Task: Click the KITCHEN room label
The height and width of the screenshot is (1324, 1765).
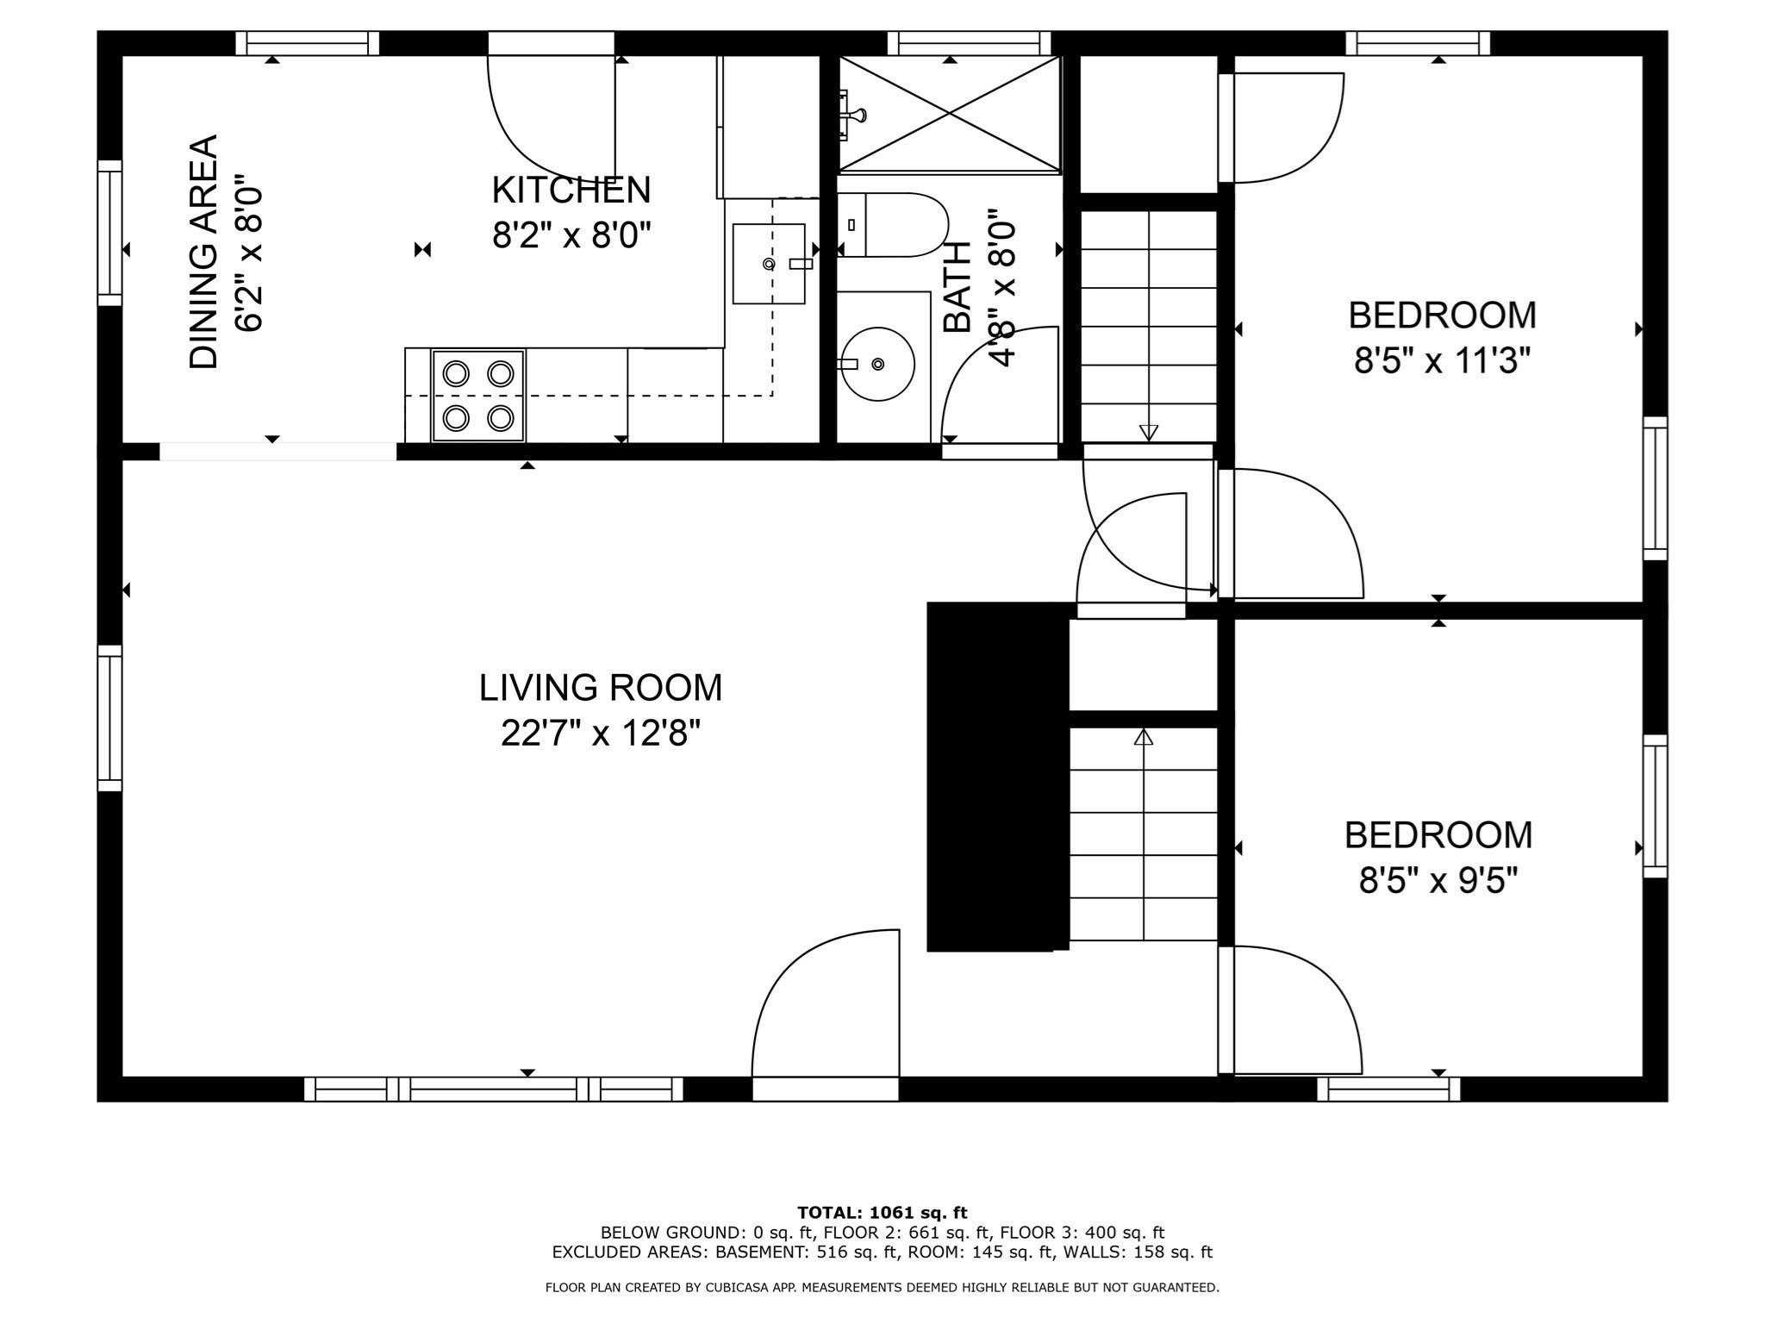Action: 571,190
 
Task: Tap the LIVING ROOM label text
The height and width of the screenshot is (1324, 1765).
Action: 600,688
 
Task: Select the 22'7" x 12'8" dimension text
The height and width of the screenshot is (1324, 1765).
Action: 600,734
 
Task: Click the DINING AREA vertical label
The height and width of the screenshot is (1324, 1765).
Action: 204,252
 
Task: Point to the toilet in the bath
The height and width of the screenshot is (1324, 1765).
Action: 896,225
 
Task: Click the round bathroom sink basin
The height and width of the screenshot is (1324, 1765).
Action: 877,364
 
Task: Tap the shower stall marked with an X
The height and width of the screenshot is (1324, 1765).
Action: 950,114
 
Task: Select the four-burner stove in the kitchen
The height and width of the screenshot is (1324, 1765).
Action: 478,396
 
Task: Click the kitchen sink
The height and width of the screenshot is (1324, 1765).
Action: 769,264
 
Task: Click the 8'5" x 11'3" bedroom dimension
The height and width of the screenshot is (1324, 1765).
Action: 1441,361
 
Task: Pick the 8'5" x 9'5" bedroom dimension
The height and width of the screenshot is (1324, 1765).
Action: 1438,882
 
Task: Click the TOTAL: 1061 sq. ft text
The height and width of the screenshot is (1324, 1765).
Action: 882,1213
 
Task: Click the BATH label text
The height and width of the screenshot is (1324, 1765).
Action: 957,287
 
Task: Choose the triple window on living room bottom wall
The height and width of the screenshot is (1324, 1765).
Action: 494,1090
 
